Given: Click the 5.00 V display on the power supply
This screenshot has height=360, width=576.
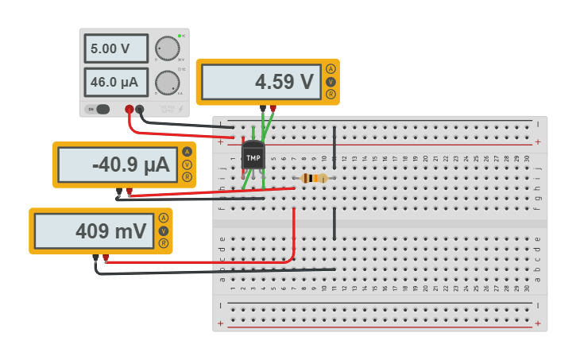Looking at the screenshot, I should point(116,48).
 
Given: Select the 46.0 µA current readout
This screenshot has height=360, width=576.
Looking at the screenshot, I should point(116,82).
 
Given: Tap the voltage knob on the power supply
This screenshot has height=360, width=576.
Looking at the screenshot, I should point(167,48).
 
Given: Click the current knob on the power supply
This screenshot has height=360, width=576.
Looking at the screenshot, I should point(167,83).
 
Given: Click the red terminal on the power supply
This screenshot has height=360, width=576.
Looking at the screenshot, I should point(129,109).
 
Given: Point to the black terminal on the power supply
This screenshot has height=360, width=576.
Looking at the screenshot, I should point(140,109).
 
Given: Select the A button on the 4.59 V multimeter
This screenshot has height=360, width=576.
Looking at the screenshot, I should point(331,69).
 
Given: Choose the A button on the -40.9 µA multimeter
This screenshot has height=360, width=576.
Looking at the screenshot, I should point(187,152).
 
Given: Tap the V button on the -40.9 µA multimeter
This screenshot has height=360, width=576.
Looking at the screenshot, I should point(187,165).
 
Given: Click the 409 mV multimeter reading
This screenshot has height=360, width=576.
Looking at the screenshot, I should point(93,231).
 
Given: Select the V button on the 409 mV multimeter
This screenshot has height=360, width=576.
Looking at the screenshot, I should point(164,230).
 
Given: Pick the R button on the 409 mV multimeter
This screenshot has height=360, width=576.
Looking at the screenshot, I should point(164,243).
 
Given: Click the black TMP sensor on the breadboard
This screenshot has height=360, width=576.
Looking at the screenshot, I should point(253,157).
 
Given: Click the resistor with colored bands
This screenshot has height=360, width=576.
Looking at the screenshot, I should point(314,178).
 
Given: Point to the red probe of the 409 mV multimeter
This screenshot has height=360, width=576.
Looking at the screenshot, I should point(106,257).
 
